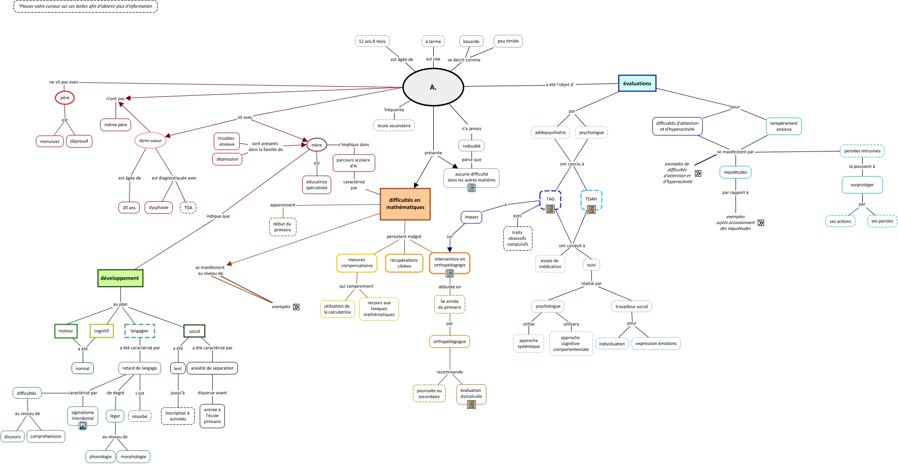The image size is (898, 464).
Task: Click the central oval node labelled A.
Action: tap(433, 87)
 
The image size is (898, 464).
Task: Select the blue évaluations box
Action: tap(637, 83)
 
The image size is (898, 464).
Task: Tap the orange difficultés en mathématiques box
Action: tap(405, 204)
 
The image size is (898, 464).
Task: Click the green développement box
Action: tap(120, 278)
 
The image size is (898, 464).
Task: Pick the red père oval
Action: tap(65, 98)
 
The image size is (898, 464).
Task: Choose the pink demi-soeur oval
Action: tap(150, 141)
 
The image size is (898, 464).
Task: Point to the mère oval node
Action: tap(317, 145)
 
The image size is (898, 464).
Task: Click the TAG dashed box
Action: tap(550, 199)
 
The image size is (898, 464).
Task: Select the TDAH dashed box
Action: tap(591, 199)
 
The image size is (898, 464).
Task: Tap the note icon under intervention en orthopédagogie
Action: tap(450, 273)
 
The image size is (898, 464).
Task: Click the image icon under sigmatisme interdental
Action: tap(83, 426)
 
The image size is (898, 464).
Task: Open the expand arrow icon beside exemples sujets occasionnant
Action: tap(761, 223)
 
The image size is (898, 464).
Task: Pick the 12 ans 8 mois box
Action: tap(372, 41)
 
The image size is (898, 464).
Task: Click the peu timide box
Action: tap(508, 41)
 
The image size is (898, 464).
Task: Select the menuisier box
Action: tap(50, 141)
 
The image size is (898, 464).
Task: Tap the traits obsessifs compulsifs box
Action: tap(517, 239)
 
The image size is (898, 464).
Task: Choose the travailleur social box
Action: tap(631, 306)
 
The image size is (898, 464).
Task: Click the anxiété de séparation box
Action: tap(212, 368)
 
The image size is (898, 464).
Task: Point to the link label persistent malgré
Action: tap(404, 237)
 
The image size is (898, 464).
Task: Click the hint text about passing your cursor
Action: tap(86, 6)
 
